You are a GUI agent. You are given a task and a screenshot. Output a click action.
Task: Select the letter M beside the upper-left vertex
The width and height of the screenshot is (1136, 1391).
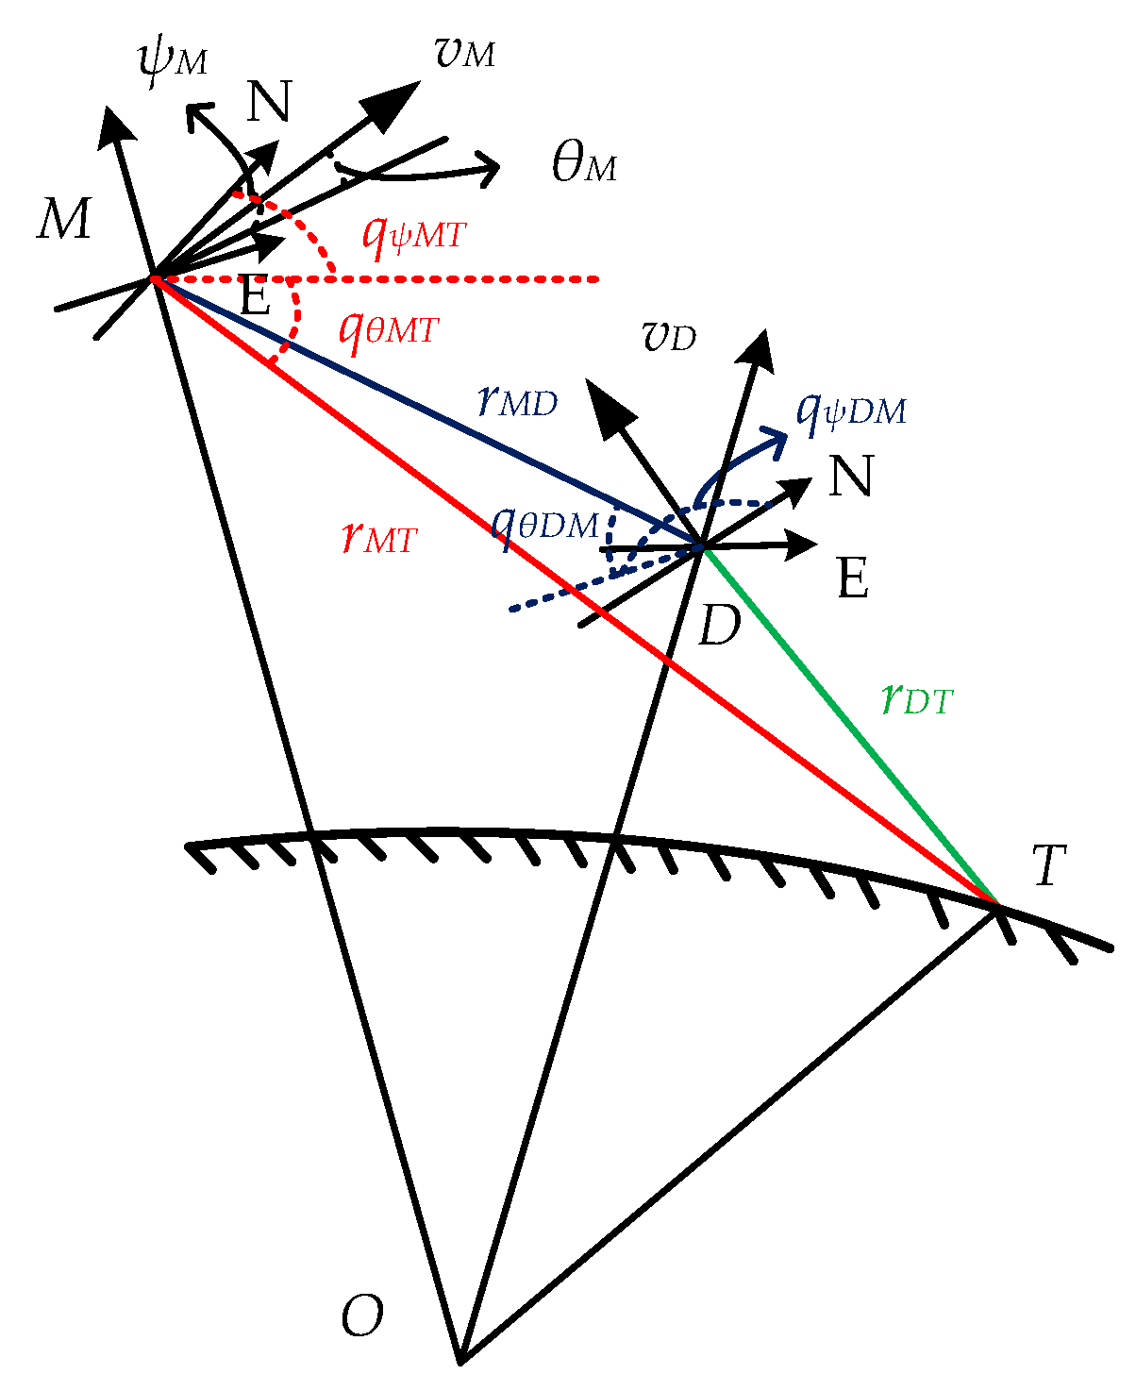[x=64, y=218]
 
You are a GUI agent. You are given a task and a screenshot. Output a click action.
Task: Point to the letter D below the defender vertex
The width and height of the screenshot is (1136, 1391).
[x=719, y=625]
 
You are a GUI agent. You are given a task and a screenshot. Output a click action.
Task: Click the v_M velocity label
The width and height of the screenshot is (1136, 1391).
[x=465, y=52]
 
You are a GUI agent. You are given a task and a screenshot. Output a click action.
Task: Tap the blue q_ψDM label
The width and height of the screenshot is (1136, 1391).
[x=851, y=413]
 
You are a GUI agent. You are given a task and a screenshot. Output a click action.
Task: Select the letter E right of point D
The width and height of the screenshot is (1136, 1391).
[x=853, y=578]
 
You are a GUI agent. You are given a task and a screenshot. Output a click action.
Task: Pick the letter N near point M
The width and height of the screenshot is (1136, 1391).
[x=269, y=101]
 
